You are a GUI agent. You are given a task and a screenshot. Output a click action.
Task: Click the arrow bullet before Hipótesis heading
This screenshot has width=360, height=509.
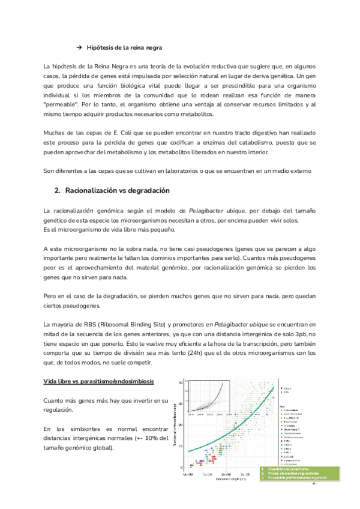(x=79, y=47)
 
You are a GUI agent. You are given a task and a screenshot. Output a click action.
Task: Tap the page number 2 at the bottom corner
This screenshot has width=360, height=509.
(x=313, y=482)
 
